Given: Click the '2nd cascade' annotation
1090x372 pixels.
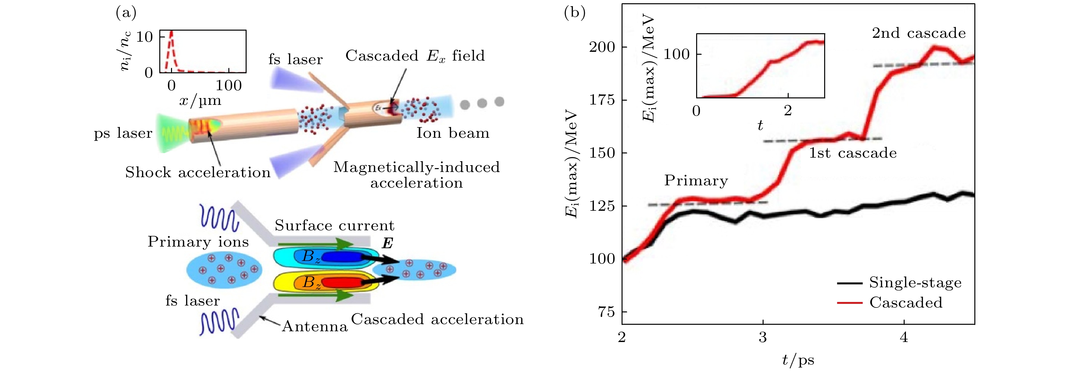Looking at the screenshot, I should point(919,33).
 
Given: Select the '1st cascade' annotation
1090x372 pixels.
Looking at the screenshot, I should point(853,153).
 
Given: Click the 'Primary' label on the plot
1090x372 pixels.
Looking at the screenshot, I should point(696,181).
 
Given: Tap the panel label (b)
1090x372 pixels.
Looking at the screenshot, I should point(575,13).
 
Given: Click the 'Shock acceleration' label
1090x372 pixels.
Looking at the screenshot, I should point(198,173).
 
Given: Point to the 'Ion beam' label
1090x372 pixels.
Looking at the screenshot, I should point(453,133).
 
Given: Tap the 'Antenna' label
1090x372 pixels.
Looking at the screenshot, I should point(315,326).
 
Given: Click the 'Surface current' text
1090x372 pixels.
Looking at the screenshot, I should point(334,225).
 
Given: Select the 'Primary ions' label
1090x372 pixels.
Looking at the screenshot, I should point(198,242).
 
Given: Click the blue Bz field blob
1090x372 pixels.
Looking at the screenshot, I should point(341,256).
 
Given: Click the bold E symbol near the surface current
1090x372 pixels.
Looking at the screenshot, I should point(387,243).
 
